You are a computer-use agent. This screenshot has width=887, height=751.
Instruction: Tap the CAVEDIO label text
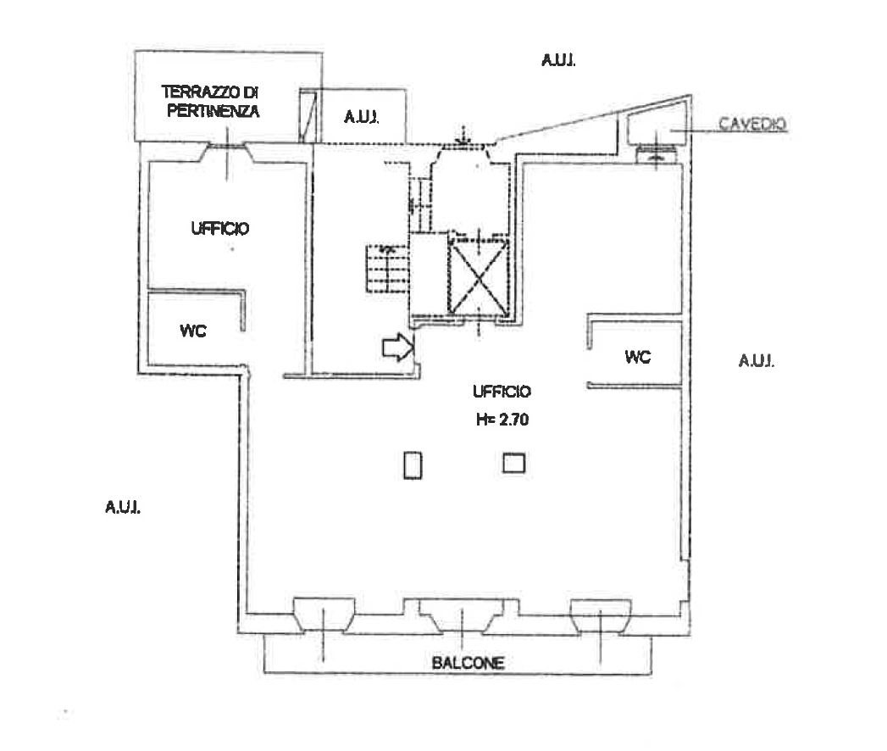point(752,124)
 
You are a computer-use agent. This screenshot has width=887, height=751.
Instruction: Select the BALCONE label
point(468,663)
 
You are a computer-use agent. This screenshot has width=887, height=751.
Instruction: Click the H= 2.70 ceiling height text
point(502,420)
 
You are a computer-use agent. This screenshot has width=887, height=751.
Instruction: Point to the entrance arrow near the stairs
point(398,347)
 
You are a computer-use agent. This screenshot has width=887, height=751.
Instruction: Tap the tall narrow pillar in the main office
point(413,465)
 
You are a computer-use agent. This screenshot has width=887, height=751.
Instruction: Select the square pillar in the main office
point(513,463)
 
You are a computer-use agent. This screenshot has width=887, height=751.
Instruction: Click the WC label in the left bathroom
point(193,331)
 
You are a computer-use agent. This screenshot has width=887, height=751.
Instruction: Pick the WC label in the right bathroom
point(638,357)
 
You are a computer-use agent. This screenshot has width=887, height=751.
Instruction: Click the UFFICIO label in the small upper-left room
point(220,229)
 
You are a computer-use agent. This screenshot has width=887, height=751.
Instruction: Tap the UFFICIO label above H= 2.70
point(502,392)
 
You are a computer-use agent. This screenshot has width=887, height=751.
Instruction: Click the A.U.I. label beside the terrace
point(362,117)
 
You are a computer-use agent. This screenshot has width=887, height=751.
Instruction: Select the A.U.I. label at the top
point(558,60)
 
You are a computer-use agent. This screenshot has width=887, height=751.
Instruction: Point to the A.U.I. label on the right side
point(757,360)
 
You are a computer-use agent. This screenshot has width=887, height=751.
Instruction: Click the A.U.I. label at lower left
point(123,507)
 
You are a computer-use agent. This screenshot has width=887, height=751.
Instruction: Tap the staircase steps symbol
point(387,268)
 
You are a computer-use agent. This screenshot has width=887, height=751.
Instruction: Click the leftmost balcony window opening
point(324,615)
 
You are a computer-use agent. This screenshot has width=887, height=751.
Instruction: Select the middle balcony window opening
point(463,615)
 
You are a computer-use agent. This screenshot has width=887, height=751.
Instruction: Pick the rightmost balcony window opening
point(600,615)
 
